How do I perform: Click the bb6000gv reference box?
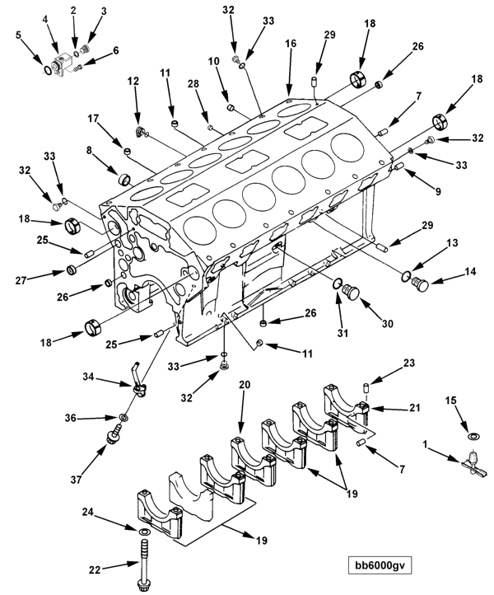[380, 565]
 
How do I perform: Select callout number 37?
[77, 480]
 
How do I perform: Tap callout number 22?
[95, 569]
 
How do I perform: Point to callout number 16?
[291, 44]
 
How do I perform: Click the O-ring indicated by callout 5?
[48, 70]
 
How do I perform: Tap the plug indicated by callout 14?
[420, 284]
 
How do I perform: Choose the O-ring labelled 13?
[406, 276]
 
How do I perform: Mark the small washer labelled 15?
[473, 437]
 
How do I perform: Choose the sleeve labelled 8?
[124, 179]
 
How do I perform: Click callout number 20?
[245, 385]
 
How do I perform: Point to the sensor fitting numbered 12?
[140, 131]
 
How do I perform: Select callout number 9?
[438, 192]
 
